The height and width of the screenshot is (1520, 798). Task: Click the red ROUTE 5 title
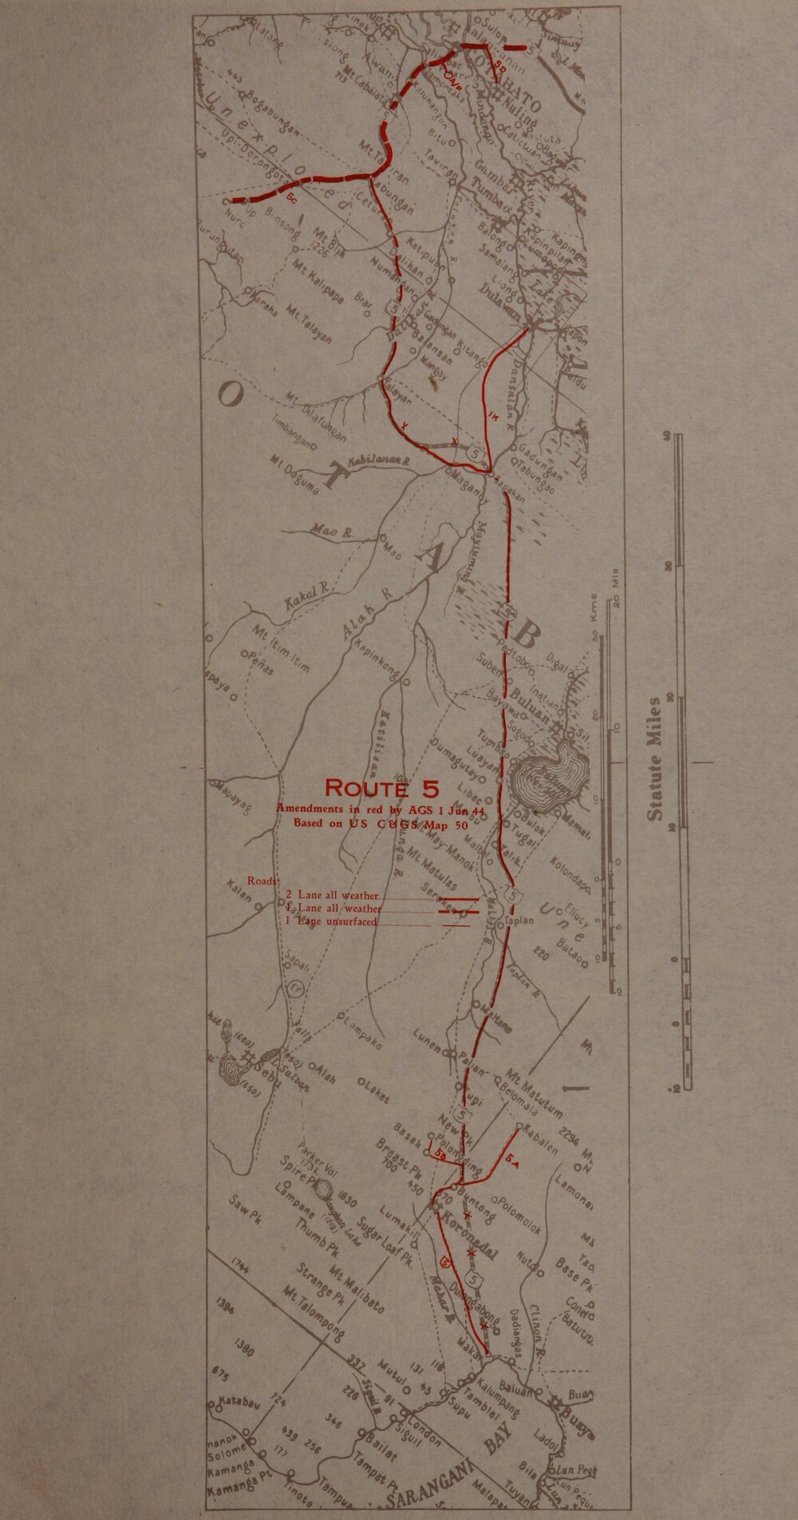(x=381, y=789)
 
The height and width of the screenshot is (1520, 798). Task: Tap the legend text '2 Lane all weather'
(x=332, y=895)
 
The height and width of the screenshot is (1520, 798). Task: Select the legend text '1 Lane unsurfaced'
(x=330, y=921)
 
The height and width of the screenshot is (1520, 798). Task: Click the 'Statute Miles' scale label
(x=655, y=759)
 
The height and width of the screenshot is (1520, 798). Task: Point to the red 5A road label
(x=512, y=1165)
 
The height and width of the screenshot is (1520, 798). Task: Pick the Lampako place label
(x=363, y=1033)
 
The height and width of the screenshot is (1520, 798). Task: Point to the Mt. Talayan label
(x=310, y=323)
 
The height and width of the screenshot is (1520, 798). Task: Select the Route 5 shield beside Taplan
(x=513, y=897)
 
